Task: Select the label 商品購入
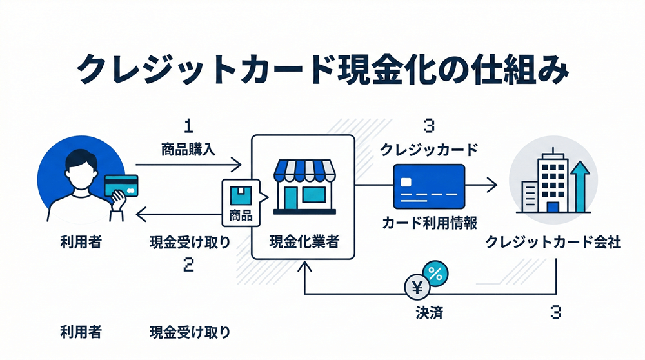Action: click(x=188, y=150)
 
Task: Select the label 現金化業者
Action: click(x=303, y=243)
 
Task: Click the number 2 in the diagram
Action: click(x=188, y=265)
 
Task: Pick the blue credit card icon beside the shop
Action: click(x=429, y=184)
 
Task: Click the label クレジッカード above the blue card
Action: click(x=429, y=150)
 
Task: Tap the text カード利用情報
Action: click(x=429, y=223)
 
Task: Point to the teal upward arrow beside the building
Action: click(x=579, y=184)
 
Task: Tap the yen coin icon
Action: click(x=415, y=288)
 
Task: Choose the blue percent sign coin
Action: click(x=434, y=274)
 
